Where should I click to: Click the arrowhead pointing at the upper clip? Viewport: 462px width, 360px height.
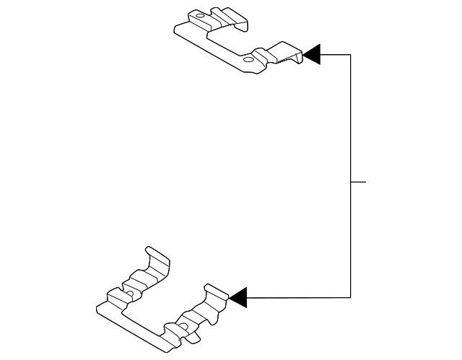point(311,55)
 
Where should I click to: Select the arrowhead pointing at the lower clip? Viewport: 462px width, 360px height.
point(237,297)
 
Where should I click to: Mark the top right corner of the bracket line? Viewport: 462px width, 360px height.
point(351,55)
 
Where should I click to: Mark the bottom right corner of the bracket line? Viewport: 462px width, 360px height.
point(351,297)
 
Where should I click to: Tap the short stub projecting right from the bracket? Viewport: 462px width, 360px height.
point(359,181)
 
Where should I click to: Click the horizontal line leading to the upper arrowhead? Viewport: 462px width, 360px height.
point(336,55)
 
